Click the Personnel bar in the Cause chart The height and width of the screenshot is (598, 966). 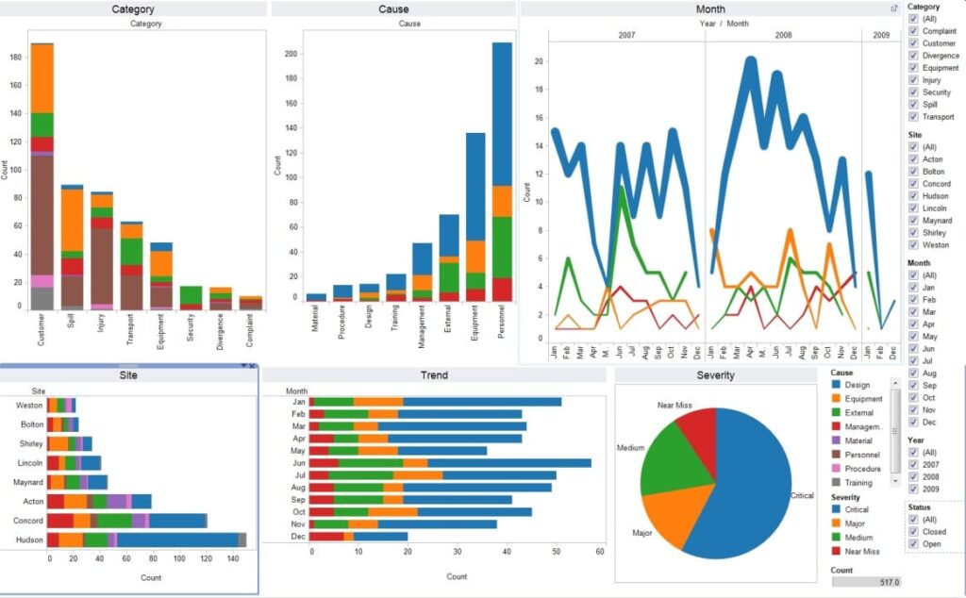tap(502, 170)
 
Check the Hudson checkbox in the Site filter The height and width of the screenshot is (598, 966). tap(913, 196)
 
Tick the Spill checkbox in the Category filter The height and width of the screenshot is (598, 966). tap(913, 105)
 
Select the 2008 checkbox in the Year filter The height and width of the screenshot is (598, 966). tap(913, 477)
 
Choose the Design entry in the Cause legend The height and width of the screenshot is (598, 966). tap(837, 385)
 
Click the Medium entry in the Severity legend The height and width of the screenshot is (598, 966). tap(837, 537)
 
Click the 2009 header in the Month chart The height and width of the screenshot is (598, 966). tap(880, 34)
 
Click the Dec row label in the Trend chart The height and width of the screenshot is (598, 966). tap(298, 537)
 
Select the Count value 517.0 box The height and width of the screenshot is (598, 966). tap(866, 582)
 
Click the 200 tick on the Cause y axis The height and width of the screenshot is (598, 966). tap(291, 54)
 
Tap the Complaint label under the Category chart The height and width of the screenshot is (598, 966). tap(247, 330)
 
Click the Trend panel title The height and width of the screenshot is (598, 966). tap(434, 375)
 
